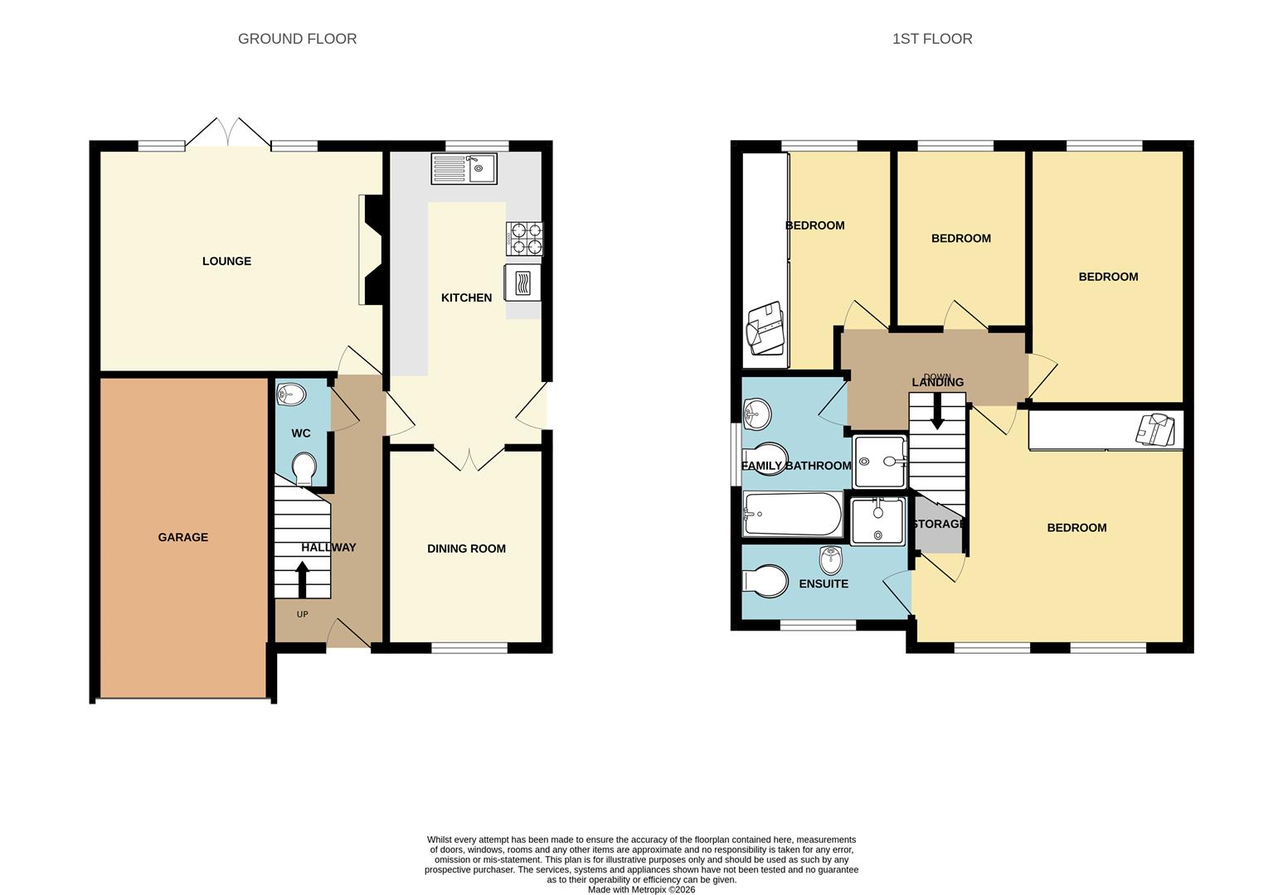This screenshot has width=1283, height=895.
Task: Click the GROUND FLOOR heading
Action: click(x=297, y=39)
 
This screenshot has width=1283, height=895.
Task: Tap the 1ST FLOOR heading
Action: click(x=932, y=39)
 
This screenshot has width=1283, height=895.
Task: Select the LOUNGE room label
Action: click(x=226, y=261)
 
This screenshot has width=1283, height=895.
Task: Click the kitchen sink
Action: click(x=464, y=168)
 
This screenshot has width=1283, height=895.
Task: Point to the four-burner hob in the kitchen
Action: click(x=524, y=238)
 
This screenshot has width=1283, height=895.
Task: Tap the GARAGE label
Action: click(x=183, y=537)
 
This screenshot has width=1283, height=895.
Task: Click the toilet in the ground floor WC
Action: click(x=304, y=468)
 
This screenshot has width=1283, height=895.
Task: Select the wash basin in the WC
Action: click(x=290, y=394)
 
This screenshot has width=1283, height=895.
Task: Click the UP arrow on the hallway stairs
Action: click(x=302, y=579)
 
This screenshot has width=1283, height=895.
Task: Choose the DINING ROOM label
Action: click(x=466, y=549)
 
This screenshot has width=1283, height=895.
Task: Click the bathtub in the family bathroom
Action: click(x=792, y=515)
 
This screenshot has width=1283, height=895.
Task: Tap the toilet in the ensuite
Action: click(x=765, y=581)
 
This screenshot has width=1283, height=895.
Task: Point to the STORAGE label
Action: click(x=938, y=525)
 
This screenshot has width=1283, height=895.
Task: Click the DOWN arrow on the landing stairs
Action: click(x=937, y=410)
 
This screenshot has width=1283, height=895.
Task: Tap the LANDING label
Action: click(x=938, y=382)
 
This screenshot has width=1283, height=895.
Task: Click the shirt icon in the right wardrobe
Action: click(x=1156, y=429)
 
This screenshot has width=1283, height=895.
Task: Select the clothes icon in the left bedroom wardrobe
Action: click(x=765, y=329)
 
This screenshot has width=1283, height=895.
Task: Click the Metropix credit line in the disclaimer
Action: click(x=641, y=890)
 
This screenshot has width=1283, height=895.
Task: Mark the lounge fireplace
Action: click(x=371, y=249)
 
